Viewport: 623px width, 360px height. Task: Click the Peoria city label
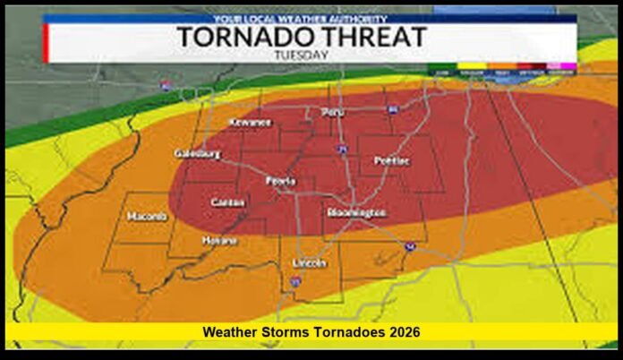click(281, 181)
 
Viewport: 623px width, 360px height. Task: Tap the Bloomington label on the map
click(356, 213)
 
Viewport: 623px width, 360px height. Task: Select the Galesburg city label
click(197, 153)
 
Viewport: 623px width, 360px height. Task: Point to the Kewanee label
click(250, 122)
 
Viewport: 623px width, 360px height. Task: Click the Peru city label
click(332, 113)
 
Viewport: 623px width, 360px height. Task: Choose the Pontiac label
click(392, 160)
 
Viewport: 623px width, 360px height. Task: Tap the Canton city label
click(227, 202)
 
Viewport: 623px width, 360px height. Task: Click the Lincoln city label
click(310, 263)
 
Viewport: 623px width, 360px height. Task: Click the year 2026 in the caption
click(404, 332)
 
